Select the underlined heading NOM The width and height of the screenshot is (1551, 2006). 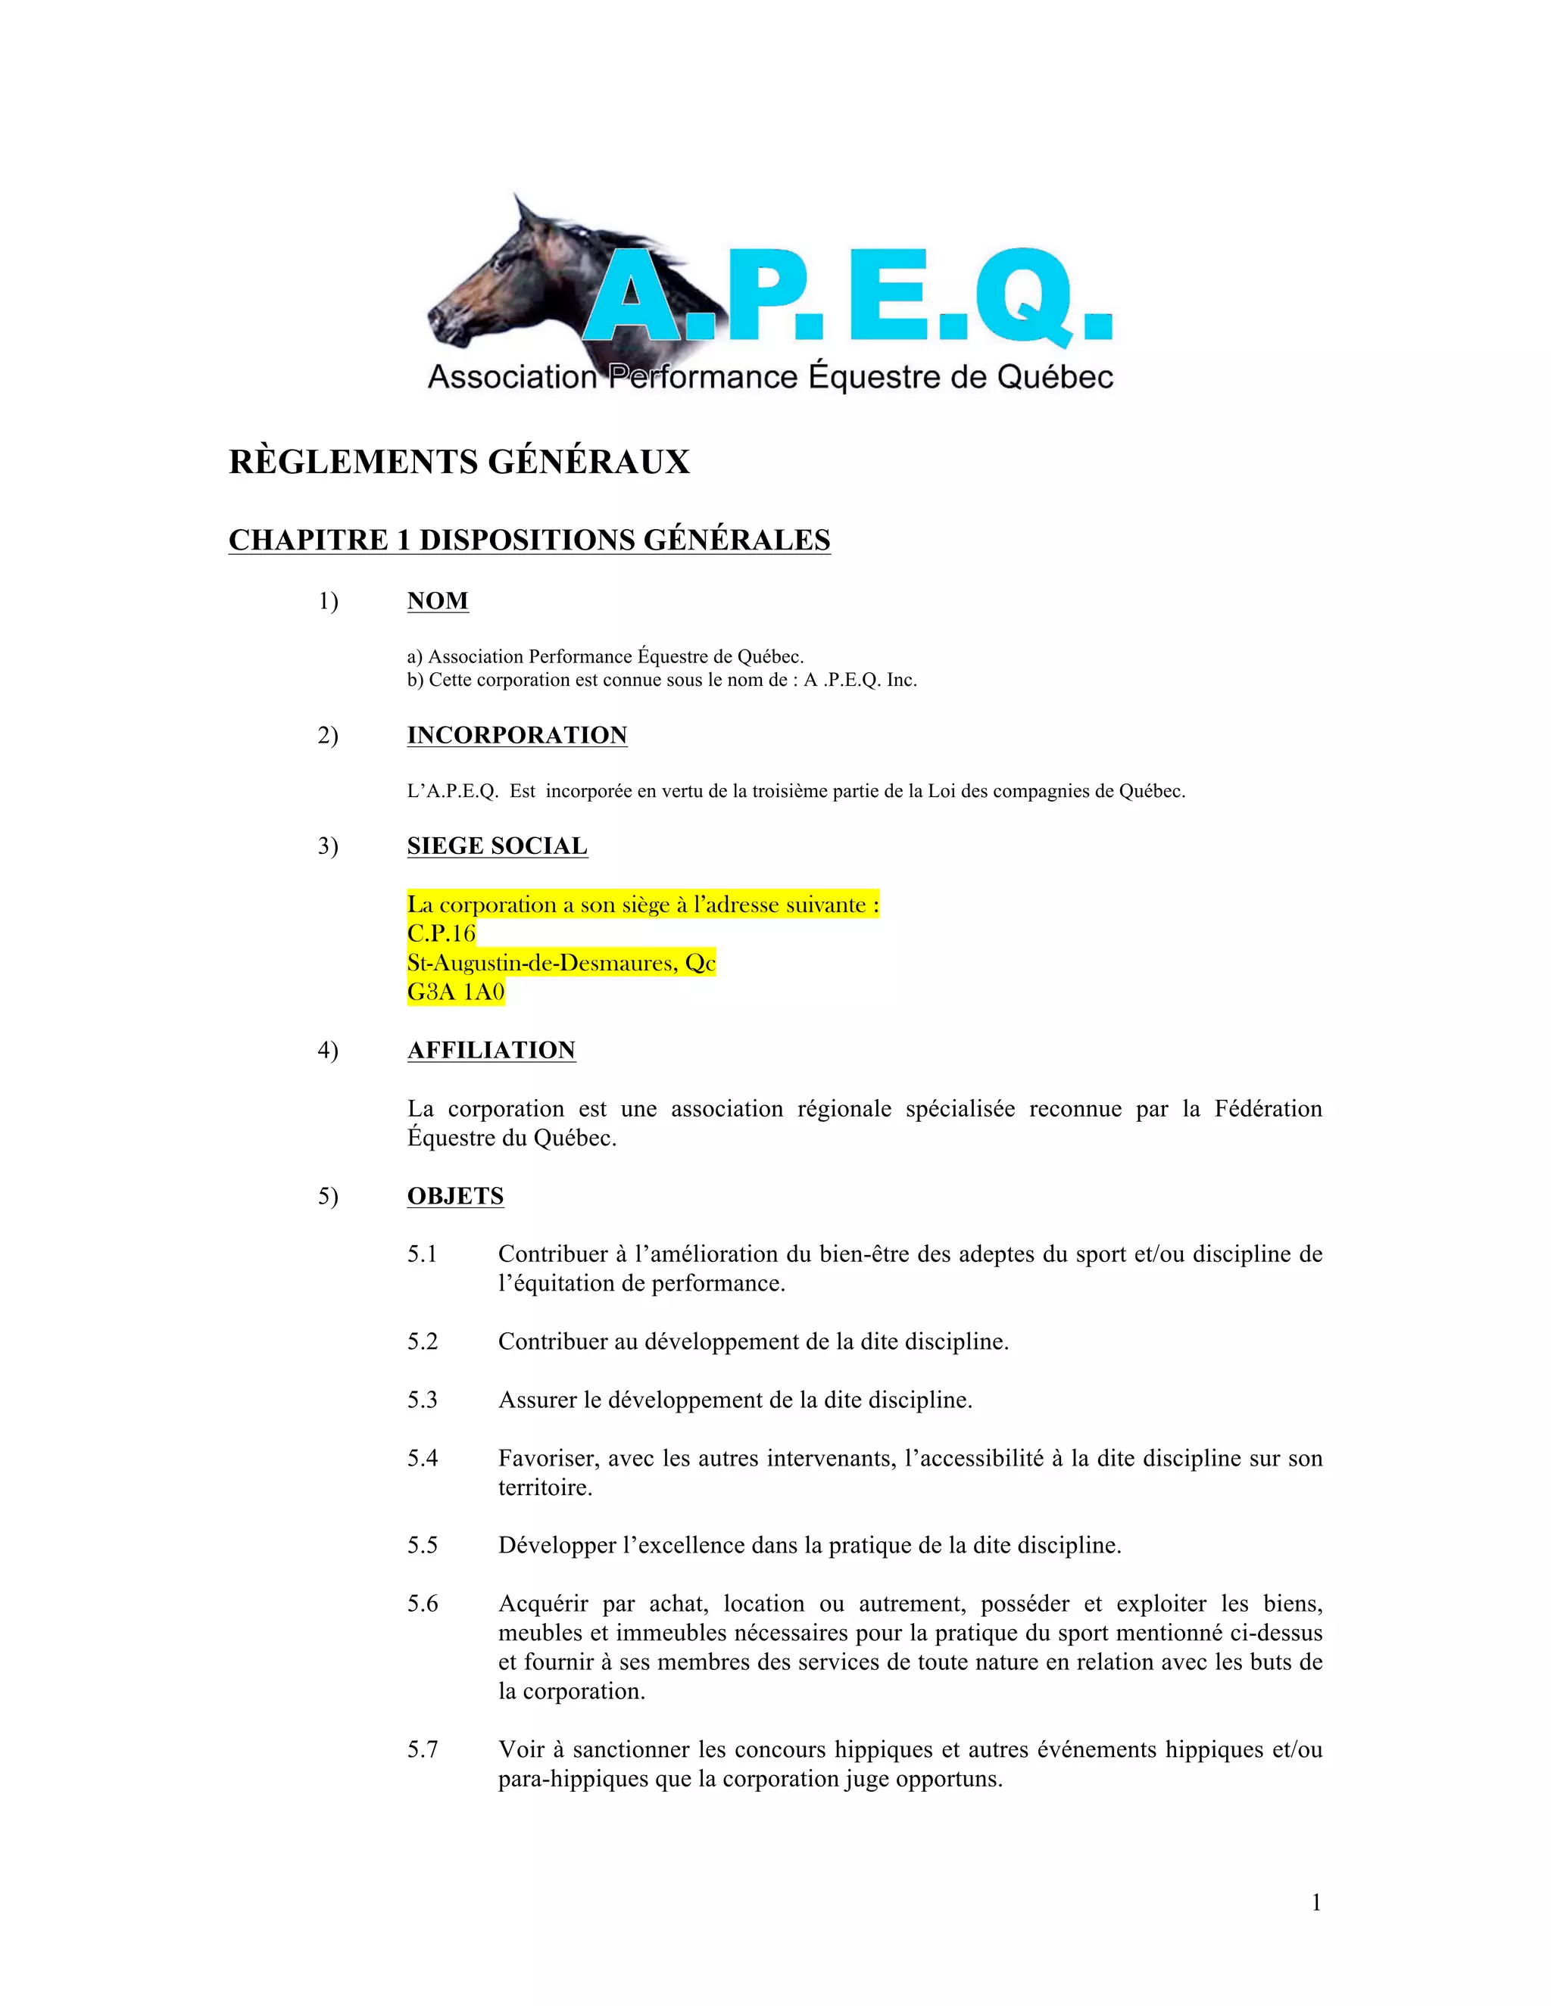(x=438, y=601)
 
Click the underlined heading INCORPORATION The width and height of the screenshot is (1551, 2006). (x=516, y=735)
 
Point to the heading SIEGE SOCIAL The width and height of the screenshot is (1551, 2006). (x=496, y=846)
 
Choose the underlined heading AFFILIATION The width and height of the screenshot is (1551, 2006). (x=491, y=1050)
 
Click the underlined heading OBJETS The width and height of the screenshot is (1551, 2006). (x=455, y=1196)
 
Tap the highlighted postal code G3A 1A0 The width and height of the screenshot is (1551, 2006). (x=456, y=992)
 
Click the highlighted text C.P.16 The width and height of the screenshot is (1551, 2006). (x=441, y=933)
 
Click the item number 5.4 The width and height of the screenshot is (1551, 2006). (x=423, y=1458)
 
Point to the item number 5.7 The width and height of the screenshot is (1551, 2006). (x=423, y=1749)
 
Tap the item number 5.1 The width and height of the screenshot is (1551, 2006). (x=423, y=1254)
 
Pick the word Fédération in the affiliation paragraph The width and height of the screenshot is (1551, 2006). (x=1268, y=1109)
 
